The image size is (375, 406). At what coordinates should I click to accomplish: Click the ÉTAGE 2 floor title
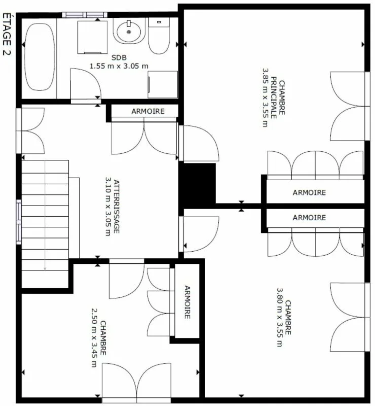coord(7,34)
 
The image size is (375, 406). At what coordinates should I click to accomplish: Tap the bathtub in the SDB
coord(40,57)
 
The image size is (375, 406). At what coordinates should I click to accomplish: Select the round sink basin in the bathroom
coord(129,31)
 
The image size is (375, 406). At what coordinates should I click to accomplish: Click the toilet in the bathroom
coord(159,36)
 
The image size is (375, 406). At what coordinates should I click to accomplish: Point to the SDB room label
coord(119,57)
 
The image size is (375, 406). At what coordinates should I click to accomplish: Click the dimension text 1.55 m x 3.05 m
coord(119,66)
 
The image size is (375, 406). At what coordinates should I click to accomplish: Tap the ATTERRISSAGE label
coord(117,207)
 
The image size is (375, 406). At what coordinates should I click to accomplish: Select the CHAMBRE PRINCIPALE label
coord(278,99)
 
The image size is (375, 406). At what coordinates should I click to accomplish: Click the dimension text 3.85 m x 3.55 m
coord(266,97)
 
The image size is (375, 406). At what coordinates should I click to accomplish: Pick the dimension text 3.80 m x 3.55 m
coord(280,317)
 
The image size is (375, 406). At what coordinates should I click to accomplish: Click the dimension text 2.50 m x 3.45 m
coord(94,337)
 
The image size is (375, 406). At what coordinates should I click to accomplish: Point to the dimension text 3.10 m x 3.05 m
coord(108,207)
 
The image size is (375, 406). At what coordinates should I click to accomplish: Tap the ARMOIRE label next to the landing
coord(148,111)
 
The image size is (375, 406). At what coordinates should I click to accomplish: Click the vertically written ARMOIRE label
coord(187,302)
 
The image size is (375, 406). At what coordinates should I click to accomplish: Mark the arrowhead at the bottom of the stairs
coord(45,268)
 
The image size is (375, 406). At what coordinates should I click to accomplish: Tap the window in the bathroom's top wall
coord(85,15)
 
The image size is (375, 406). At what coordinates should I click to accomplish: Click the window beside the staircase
coord(19,222)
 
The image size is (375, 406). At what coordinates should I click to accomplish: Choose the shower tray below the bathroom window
coord(93,38)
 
